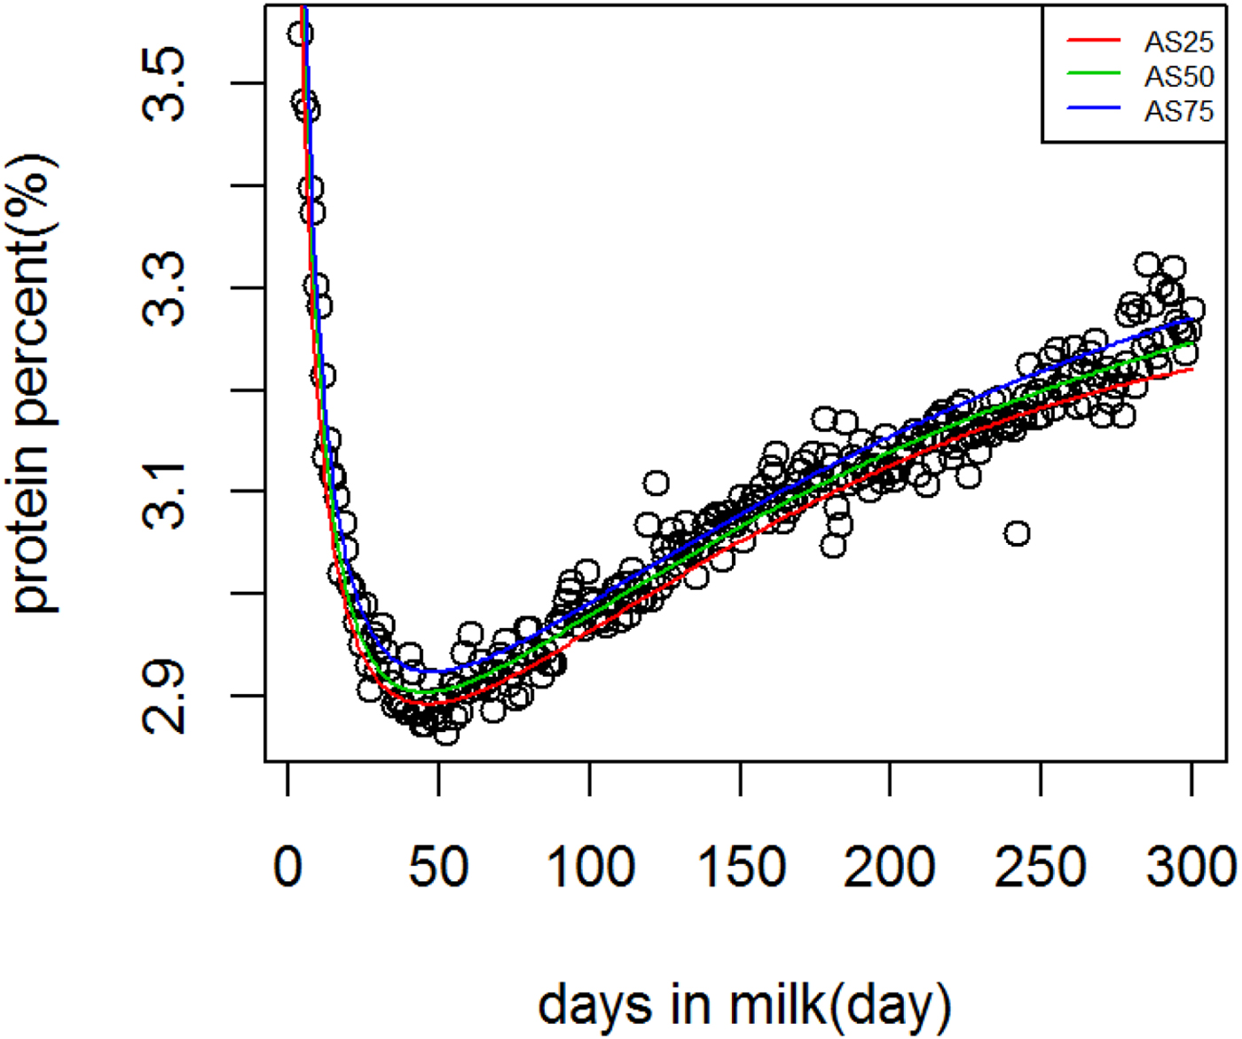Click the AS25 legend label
[1178, 42]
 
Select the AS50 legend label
[1178, 77]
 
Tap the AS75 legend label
[1178, 112]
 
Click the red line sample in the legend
[1093, 40]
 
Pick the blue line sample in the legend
[1093, 110]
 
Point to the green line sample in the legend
[1093, 75]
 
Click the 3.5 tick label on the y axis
[164, 84]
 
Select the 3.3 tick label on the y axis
[164, 288]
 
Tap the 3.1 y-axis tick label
[164, 492]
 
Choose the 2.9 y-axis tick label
[164, 697]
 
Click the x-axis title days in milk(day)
[744, 1004]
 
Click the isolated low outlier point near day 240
[1017, 533]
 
